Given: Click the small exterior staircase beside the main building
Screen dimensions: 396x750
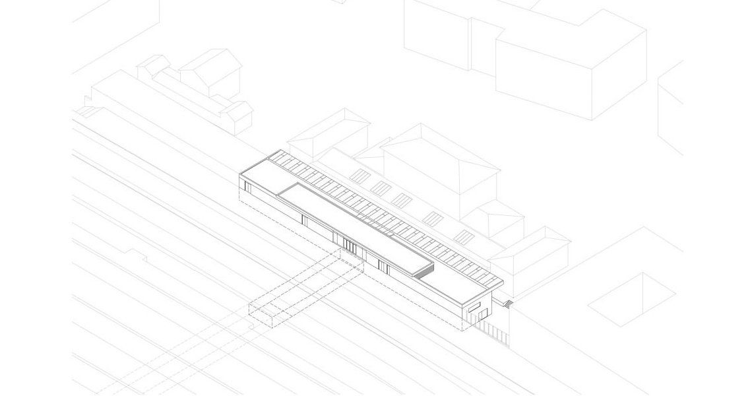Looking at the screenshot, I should pos(508,303).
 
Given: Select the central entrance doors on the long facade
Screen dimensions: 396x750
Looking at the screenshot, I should pos(349,246).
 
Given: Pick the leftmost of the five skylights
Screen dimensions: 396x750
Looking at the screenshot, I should pos(359,176).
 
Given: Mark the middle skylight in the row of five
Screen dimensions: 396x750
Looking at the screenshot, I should pos(402,199).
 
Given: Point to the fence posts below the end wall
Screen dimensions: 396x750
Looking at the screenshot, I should pos(491,331).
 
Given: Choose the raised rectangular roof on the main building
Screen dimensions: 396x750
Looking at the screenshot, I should pos(353,224).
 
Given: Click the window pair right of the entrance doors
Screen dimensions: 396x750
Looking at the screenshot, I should pos(381,265).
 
